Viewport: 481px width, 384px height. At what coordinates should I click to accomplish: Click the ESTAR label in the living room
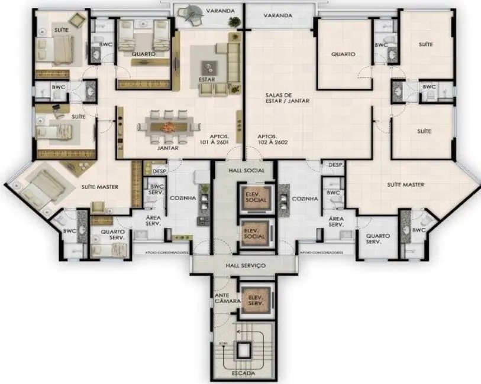coord(207,79)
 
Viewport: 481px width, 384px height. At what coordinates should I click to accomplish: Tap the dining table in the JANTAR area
coord(169,126)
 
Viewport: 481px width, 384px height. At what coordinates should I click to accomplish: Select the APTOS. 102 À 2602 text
coord(273,139)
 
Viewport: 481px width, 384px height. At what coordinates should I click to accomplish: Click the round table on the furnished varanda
coord(193,12)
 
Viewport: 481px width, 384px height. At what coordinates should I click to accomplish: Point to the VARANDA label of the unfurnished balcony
coord(278,15)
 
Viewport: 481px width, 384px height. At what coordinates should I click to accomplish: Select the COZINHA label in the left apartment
coord(179,199)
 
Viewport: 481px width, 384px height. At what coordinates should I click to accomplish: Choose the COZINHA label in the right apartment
coord(305,199)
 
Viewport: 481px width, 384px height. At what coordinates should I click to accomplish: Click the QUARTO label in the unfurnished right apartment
coord(343,54)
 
